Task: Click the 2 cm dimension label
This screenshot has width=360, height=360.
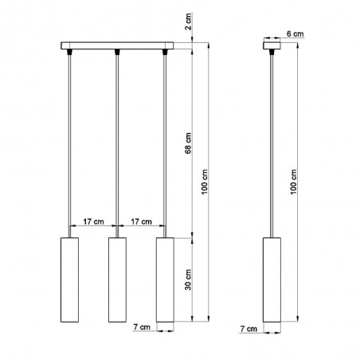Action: click(x=188, y=22)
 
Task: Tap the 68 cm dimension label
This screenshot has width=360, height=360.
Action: click(x=188, y=143)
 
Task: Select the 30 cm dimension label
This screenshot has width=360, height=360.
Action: click(x=188, y=280)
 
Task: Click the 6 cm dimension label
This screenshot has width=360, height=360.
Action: click(x=295, y=34)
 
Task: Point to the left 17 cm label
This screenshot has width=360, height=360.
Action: click(x=93, y=221)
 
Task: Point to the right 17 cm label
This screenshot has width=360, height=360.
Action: click(x=141, y=221)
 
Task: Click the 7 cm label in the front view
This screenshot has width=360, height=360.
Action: click(x=142, y=327)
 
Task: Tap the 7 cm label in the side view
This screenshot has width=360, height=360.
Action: click(x=248, y=329)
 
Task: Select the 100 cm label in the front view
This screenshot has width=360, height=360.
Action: click(x=205, y=182)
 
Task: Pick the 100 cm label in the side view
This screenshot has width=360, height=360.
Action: click(x=293, y=182)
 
